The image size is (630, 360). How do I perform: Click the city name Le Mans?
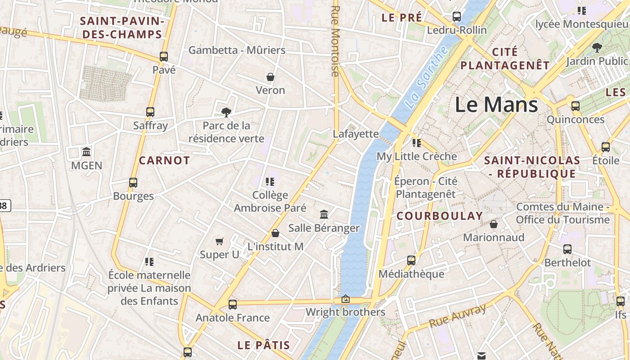tap(496, 105)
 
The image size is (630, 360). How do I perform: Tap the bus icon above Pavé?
tap(164, 57)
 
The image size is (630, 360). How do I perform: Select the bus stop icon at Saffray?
tap(150, 112)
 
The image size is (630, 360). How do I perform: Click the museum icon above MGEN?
tap(86, 152)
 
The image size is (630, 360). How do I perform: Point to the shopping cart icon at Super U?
tap(220, 242)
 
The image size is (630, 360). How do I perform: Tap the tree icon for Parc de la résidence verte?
tap(226, 112)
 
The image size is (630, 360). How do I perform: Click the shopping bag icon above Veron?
tap(270, 77)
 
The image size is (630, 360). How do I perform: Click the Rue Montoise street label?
tap(335, 40)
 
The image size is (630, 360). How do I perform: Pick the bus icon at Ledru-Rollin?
tap(457, 17)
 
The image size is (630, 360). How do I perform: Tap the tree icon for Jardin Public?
tap(597, 47)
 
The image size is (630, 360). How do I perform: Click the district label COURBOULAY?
tap(440, 216)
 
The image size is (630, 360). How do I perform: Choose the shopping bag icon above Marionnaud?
tap(494, 224)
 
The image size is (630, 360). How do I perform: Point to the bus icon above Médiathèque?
tap(411, 260)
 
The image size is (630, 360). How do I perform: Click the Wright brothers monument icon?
tap(346, 299)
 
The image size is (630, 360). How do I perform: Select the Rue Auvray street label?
tap(457, 316)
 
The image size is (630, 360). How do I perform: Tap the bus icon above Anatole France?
tap(233, 304)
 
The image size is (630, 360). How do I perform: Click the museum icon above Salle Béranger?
tap(324, 214)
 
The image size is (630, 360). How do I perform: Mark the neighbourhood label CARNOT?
tap(164, 161)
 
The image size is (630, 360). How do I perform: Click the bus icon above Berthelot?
tap(567, 249)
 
